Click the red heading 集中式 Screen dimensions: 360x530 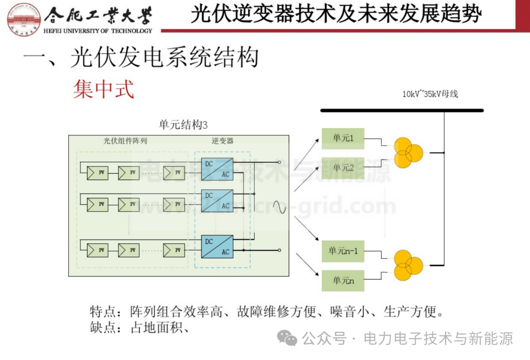coord(104,90)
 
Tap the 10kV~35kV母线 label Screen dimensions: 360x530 coord(430,94)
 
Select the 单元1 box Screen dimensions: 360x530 coord(343,138)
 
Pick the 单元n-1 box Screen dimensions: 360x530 coord(343,251)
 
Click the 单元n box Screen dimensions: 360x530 coord(343,280)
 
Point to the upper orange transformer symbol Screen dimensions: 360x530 coord(407,153)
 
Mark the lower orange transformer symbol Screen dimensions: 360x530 coord(407,265)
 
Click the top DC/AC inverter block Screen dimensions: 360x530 coord(217,169)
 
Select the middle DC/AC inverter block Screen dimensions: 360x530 coord(217,200)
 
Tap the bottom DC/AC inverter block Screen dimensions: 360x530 coord(217,247)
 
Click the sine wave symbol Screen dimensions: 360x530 coord(279,207)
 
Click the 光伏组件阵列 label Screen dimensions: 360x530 coord(125,141)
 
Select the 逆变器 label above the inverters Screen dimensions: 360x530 coord(223,141)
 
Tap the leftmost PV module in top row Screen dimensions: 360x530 coord(98,173)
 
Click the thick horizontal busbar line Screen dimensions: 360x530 coord(402,111)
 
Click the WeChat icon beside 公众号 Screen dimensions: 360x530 coord(287,338)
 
